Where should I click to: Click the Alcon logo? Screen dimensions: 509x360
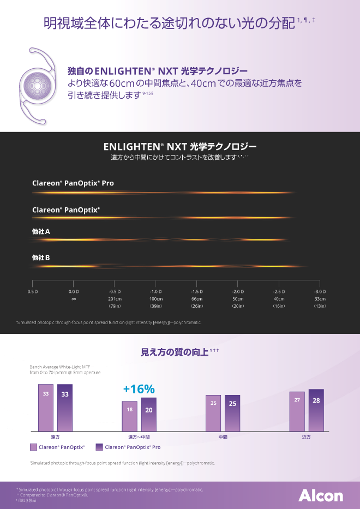click(320, 495)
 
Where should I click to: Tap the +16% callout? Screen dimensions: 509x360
click(139, 389)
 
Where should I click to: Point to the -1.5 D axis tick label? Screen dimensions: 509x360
click(197, 292)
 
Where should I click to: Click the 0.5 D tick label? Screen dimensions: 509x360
click(32, 292)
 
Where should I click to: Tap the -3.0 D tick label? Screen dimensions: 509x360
click(320, 292)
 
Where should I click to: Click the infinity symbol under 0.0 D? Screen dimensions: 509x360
click(74, 299)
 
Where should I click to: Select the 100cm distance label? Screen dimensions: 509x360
click(156, 299)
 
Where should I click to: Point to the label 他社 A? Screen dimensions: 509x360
click(41, 232)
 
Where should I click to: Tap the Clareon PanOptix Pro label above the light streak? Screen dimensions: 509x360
click(73, 183)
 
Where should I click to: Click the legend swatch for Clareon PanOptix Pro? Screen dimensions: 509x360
click(99, 447)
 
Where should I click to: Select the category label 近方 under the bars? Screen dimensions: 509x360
click(307, 437)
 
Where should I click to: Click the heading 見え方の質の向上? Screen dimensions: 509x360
click(175, 352)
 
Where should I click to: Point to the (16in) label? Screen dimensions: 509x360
click(279, 307)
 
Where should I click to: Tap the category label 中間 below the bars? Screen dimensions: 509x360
click(223, 437)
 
